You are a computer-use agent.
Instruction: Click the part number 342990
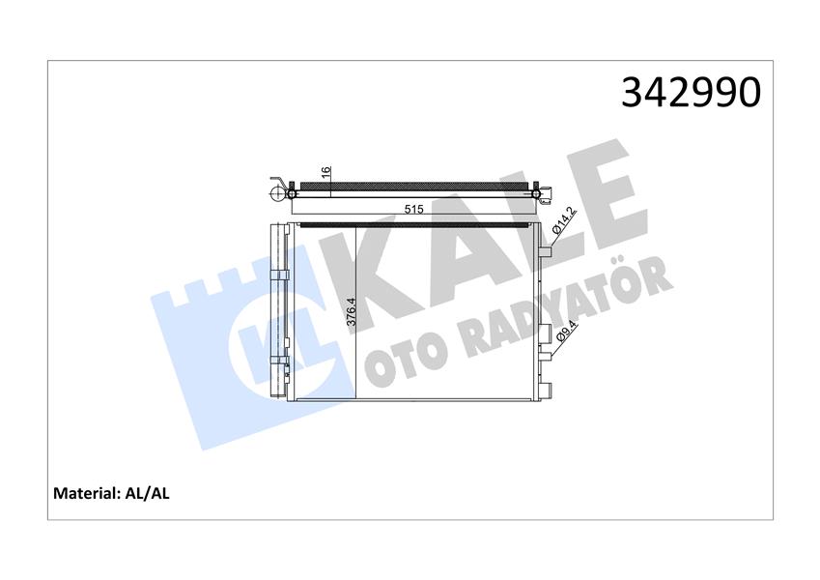click(691, 93)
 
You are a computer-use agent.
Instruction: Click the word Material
click(85, 493)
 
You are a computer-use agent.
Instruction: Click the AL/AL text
click(148, 493)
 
